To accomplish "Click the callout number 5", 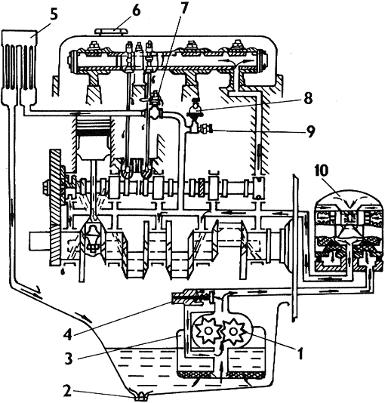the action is (53, 16).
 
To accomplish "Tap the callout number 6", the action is (135, 11).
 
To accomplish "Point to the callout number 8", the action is (308, 98).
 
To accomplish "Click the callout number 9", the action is (310, 131).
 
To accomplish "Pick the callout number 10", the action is (322, 171).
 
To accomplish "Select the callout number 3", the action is (69, 358).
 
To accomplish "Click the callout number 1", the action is (300, 353).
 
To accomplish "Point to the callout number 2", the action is (68, 392).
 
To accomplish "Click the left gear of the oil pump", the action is (207, 331).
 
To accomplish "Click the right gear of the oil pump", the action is (233, 331).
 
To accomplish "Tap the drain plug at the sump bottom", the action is (140, 395).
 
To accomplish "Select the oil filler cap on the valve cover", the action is (112, 32).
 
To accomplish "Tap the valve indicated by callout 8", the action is (196, 112).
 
